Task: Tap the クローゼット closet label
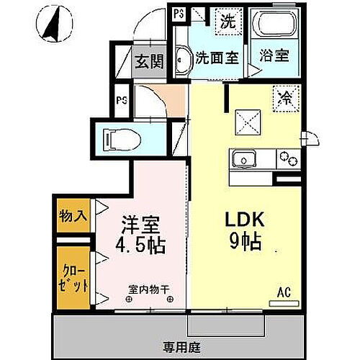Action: coord(72,276)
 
